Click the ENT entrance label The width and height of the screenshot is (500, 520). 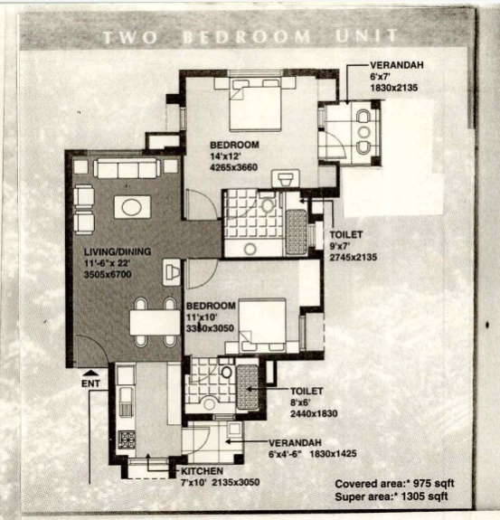pyautogui.click(x=90, y=383)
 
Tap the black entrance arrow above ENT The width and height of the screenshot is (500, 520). pyautogui.click(x=90, y=374)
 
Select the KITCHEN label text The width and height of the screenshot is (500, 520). pyautogui.click(x=202, y=471)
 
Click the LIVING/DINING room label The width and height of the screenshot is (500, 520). pyautogui.click(x=118, y=251)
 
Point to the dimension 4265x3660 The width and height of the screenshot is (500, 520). pyautogui.click(x=234, y=167)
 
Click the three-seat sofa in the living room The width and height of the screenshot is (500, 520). pyautogui.click(x=127, y=168)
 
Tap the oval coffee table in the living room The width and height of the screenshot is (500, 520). pyautogui.click(x=132, y=207)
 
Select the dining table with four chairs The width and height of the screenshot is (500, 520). pyautogui.click(x=155, y=322)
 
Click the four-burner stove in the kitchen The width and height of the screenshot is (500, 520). pyautogui.click(x=127, y=440)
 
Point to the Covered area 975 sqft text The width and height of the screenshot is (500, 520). pyautogui.click(x=394, y=484)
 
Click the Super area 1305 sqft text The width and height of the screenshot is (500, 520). pyautogui.click(x=392, y=496)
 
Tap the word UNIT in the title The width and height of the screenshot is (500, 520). pyautogui.click(x=366, y=36)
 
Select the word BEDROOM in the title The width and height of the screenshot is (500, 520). pyautogui.click(x=246, y=37)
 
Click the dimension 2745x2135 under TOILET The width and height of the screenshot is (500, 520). pyautogui.click(x=354, y=258)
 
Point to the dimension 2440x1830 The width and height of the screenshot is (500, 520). pyautogui.click(x=314, y=414)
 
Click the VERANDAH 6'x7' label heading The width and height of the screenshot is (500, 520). pyautogui.click(x=397, y=65)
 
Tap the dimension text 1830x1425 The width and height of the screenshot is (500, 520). pyautogui.click(x=333, y=454)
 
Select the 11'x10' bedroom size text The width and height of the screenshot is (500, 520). pyautogui.click(x=202, y=317)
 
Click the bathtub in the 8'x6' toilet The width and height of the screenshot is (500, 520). pyautogui.click(x=248, y=387)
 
